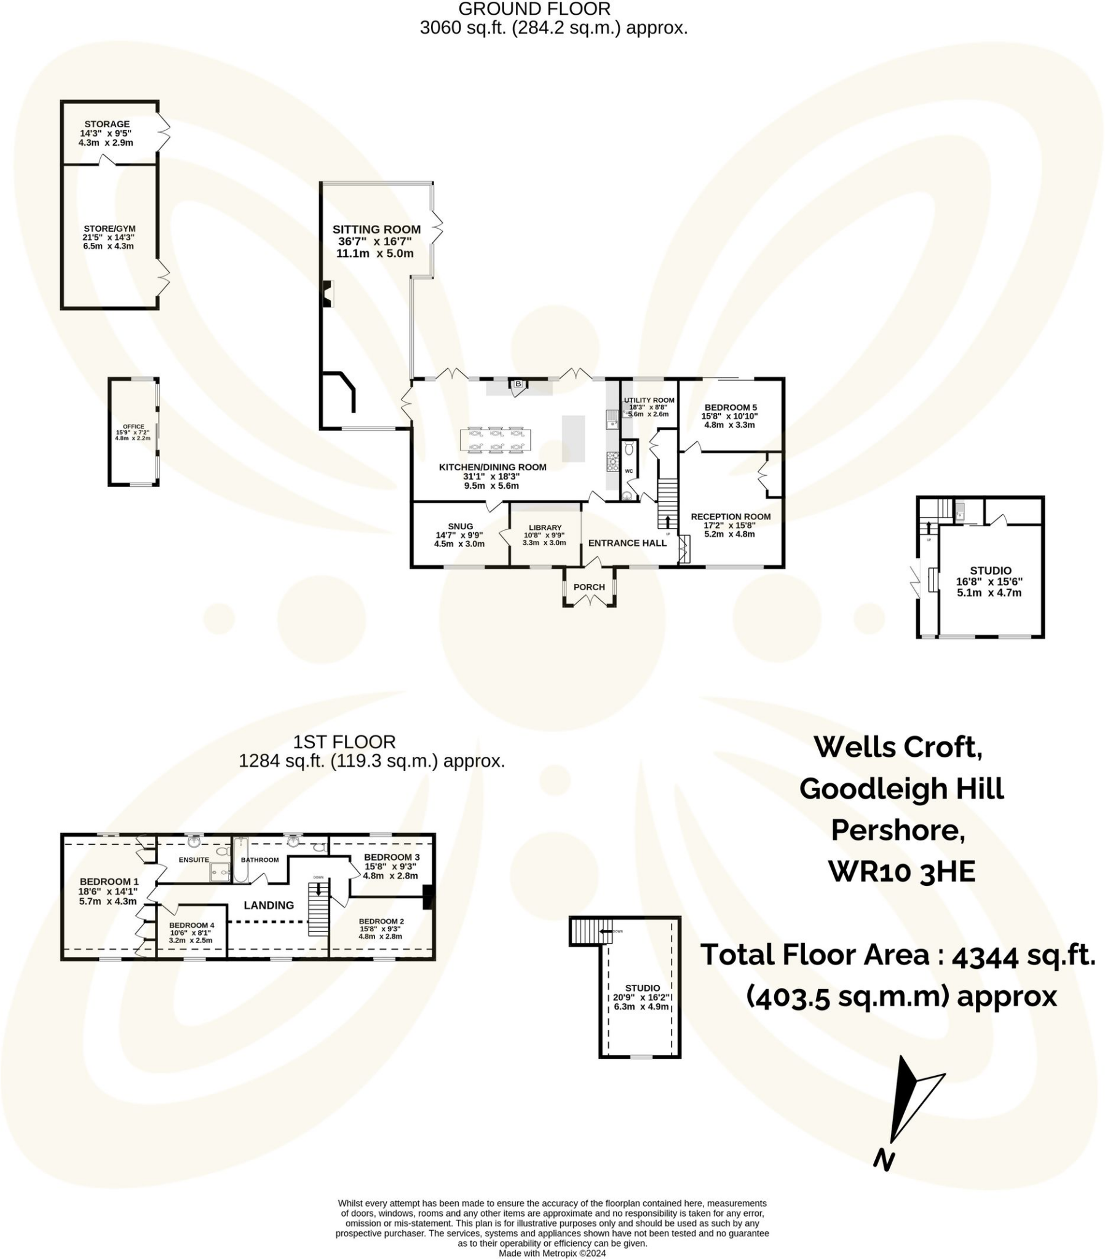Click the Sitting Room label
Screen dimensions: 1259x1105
coord(376,229)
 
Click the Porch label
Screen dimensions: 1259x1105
coord(588,587)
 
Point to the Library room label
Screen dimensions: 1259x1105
coord(545,528)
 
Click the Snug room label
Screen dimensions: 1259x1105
coord(460,526)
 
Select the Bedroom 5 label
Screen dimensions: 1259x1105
coord(731,407)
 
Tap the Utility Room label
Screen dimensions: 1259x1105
coord(649,400)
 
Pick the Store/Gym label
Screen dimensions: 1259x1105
coord(109,229)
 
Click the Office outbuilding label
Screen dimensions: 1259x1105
coord(133,427)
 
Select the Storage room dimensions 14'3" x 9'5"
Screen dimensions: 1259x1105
coord(105,133)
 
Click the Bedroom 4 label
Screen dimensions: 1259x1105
coord(192,925)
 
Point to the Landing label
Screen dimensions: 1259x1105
coord(268,905)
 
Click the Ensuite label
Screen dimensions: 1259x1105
coord(194,860)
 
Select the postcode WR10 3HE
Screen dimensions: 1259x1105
coord(901,872)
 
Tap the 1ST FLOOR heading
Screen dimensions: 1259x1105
coord(344,741)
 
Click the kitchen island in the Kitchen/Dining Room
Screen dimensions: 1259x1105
coord(572,438)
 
